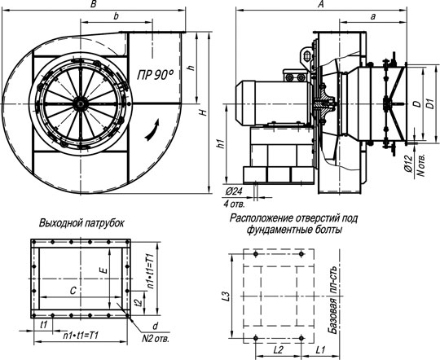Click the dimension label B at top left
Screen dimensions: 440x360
click(x=94, y=4)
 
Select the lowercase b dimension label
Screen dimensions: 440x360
click(x=116, y=16)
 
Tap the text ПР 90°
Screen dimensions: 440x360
click(x=155, y=75)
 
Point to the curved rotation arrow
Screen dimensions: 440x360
click(x=152, y=130)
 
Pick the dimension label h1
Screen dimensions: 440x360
click(x=222, y=143)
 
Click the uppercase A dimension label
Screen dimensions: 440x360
click(x=321, y=4)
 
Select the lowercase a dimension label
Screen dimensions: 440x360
click(x=372, y=17)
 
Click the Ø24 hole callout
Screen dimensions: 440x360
click(x=233, y=191)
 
